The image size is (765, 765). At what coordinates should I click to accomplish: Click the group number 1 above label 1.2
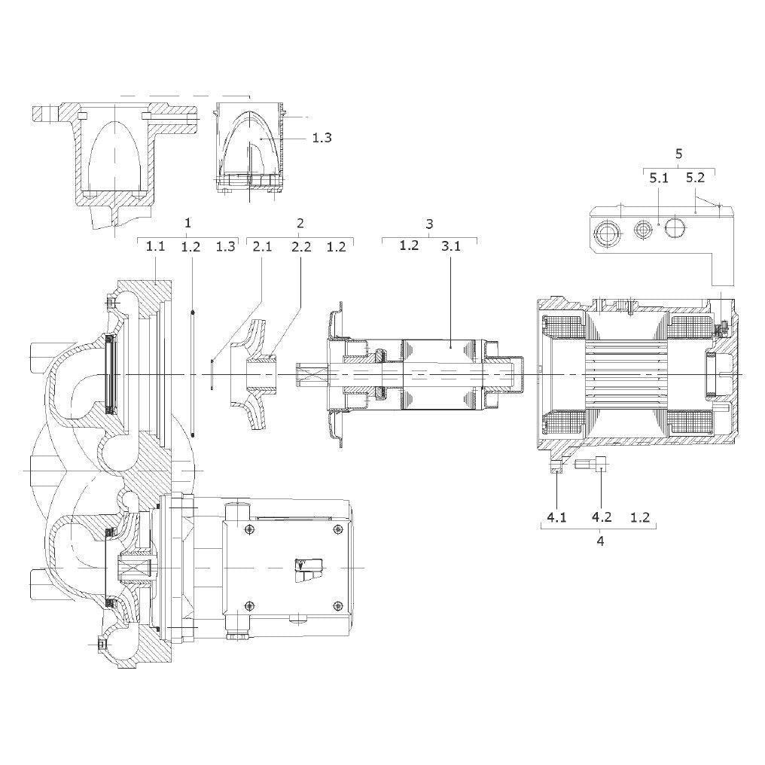pyautogui.click(x=187, y=224)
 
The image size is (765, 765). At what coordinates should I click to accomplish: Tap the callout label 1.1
pyautogui.click(x=156, y=246)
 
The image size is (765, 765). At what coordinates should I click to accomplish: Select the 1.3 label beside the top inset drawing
pyautogui.click(x=322, y=138)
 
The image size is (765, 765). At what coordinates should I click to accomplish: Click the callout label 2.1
pyautogui.click(x=262, y=246)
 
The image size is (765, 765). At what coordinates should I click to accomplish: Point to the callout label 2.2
pyautogui.click(x=301, y=246)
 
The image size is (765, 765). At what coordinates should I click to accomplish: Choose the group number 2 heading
pyautogui.click(x=300, y=224)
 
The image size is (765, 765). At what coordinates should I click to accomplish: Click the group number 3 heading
pyautogui.click(x=429, y=224)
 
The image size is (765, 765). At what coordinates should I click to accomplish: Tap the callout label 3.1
pyautogui.click(x=451, y=246)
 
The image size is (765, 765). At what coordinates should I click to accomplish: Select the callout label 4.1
pyautogui.click(x=556, y=517)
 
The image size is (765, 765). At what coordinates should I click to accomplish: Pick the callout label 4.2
pyautogui.click(x=602, y=517)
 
